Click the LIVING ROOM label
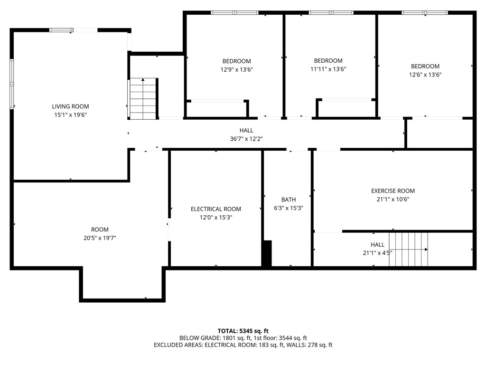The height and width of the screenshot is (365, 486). point(70,106)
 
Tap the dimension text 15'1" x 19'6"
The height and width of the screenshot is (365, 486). point(70,115)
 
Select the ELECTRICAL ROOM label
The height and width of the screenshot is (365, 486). point(216,209)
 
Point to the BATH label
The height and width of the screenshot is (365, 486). point(288,200)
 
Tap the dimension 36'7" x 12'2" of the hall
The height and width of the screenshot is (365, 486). point(246,139)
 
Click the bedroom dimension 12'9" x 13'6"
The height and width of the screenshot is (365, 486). point(236,69)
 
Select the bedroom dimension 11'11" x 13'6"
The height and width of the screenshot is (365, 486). point(328,69)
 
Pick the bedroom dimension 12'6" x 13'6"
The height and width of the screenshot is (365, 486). point(425,75)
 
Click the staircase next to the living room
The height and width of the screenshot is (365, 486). point(143,98)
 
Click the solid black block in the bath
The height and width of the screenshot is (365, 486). point(267,253)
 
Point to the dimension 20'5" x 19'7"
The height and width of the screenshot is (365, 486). point(100,238)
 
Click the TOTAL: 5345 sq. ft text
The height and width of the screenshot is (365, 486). point(243,331)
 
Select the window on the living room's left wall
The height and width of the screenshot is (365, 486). point(12,84)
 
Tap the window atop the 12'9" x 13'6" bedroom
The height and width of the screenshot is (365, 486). point(234,13)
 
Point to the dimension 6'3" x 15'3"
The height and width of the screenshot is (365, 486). point(288,208)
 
